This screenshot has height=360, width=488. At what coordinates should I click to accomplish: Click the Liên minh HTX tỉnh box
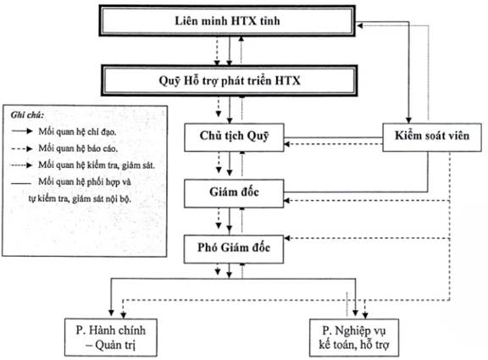point(227,21)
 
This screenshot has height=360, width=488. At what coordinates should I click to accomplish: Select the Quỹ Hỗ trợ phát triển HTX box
point(230,80)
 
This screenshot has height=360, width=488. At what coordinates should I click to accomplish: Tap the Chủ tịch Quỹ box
point(234,137)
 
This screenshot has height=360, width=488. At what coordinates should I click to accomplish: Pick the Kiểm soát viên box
point(432,137)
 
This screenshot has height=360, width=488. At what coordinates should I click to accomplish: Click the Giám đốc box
point(234,193)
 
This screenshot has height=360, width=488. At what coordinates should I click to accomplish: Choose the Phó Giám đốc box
point(234,249)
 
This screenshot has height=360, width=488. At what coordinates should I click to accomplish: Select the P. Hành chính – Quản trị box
point(111,337)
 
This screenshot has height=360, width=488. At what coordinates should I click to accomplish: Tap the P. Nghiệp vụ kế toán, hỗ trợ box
point(354,337)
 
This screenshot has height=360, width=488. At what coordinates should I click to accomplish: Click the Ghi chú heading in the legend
point(27,115)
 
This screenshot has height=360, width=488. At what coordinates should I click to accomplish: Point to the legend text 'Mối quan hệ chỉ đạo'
point(77,132)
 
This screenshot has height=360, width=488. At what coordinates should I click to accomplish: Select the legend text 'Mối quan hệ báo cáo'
point(78,148)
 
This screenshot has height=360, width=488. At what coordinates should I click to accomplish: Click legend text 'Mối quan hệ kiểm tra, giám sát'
point(97,165)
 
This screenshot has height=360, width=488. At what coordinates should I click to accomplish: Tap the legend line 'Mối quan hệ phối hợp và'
point(85,182)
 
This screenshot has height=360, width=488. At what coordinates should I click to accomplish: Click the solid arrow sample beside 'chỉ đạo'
point(22,131)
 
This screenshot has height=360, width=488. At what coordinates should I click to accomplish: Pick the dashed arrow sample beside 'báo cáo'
point(22,149)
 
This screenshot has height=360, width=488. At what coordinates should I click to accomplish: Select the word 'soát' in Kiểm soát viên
point(435,136)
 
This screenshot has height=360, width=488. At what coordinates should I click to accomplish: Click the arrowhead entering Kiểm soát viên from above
point(408,120)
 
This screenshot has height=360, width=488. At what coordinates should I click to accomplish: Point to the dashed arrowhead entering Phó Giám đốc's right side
point(287,238)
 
